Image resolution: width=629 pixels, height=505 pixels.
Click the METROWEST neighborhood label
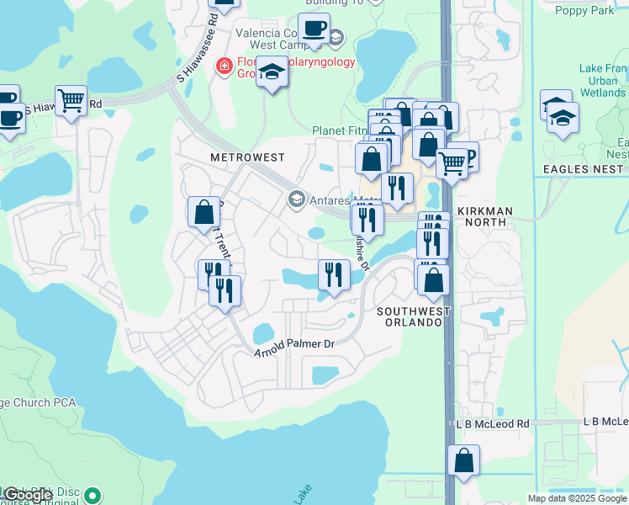247,157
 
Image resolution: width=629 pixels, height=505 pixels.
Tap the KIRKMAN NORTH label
482,216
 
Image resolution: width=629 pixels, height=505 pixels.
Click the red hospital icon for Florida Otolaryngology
224,65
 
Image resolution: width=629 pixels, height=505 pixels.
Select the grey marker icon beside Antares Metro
296,199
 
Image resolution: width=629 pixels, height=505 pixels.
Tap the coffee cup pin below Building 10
314,28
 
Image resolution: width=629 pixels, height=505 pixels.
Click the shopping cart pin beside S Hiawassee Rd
71,101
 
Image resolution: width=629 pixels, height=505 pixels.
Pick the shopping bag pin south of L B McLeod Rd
463,460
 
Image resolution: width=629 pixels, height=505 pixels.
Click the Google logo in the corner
29,496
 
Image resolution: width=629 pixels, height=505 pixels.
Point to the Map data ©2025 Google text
577,498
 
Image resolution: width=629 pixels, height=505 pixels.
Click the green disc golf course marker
92,496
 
